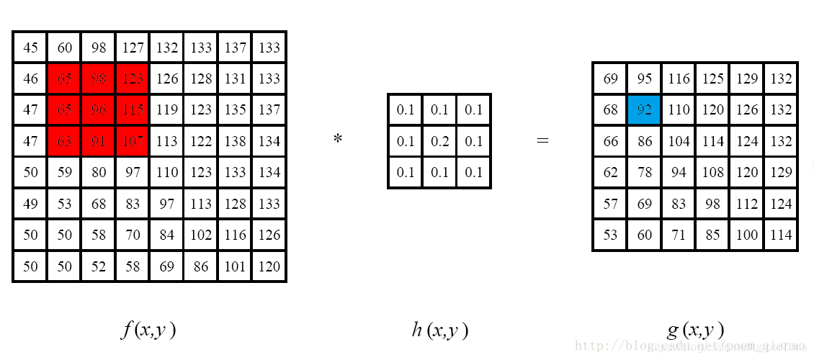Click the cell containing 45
tap(30, 48)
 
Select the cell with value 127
tap(133, 48)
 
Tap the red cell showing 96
tap(99, 110)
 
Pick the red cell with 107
tap(133, 142)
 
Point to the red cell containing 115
tap(133, 110)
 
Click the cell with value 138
tap(235, 142)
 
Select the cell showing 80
tap(99, 173)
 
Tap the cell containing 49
tap(30, 204)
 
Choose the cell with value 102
tap(201, 235)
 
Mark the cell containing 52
tap(99, 266)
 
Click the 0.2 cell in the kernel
tap(439, 142)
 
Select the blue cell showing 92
tap(644, 110)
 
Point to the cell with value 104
tap(679, 142)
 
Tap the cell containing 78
tap(644, 173)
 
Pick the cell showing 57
tap(610, 204)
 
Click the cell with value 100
tap(747, 235)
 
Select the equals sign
tap(542, 141)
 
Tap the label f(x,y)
tap(148, 330)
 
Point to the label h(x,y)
tap(439, 330)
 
